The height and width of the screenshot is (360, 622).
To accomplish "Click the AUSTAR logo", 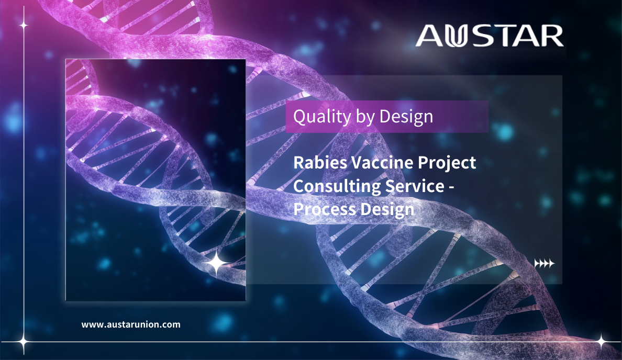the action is pos(490,36).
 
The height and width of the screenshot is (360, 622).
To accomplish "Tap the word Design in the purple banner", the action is pos(406,117).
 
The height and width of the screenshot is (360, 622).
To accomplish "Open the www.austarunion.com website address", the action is pos(131,324).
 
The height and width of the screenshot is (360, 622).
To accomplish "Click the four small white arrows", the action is pos(545,263).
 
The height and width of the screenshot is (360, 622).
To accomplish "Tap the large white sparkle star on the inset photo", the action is pos(217,263).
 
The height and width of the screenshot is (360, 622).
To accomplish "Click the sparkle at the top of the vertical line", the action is pos(24,25).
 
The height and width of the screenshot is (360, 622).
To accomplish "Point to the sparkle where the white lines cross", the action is pos(24,341).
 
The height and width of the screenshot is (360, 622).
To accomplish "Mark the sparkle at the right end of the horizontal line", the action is pos(602,341).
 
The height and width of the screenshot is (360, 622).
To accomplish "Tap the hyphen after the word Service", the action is pos(451,187).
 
